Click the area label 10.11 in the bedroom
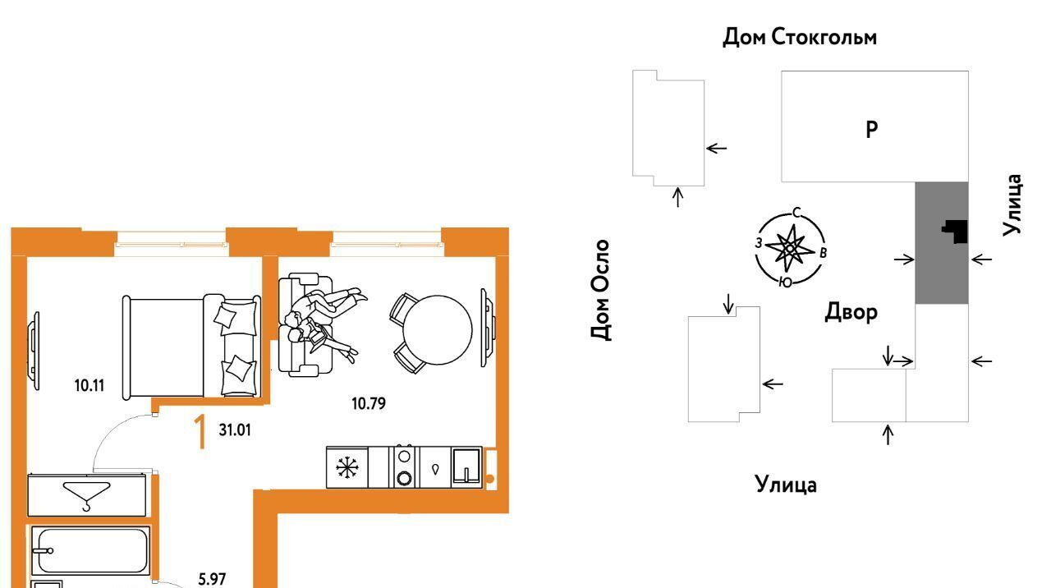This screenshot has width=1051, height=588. point(89,384)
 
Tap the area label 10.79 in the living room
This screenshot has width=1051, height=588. point(369,403)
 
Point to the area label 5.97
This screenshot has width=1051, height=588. point(213,579)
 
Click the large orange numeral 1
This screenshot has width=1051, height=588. point(199,433)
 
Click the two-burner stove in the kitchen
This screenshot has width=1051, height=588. point(405,467)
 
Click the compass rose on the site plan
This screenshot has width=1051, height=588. point(789,247)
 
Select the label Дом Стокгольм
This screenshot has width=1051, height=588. point(799,38)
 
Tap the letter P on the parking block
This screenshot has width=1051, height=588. point(872,129)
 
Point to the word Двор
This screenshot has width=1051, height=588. point(851,312)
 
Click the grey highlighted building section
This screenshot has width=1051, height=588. point(941,271)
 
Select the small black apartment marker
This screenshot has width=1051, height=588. point(956,232)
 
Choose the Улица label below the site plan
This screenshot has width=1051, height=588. point(786,485)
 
